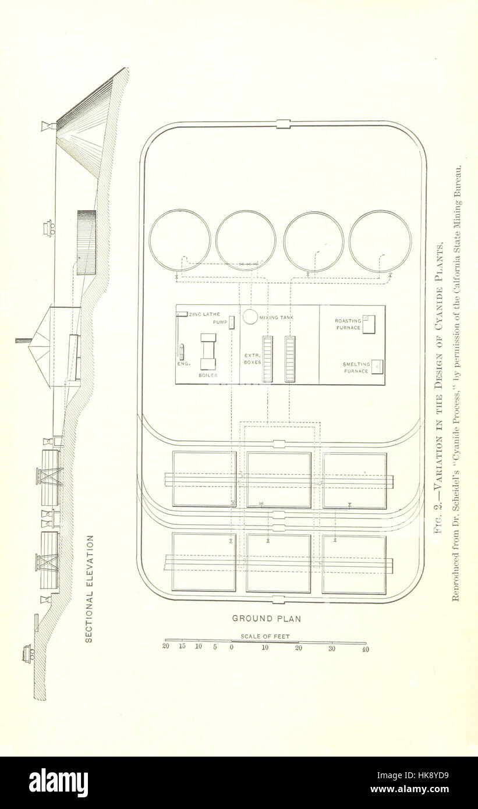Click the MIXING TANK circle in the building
click(x=250, y=316)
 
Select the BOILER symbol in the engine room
click(x=208, y=352)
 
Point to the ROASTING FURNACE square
click(x=369, y=324)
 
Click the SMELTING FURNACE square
click(x=378, y=367)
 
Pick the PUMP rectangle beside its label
click(x=232, y=322)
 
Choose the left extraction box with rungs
click(x=267, y=359)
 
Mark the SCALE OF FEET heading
click(x=265, y=637)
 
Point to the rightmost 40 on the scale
click(x=365, y=650)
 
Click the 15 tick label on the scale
click(x=182, y=647)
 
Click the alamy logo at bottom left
click(x=58, y=783)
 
